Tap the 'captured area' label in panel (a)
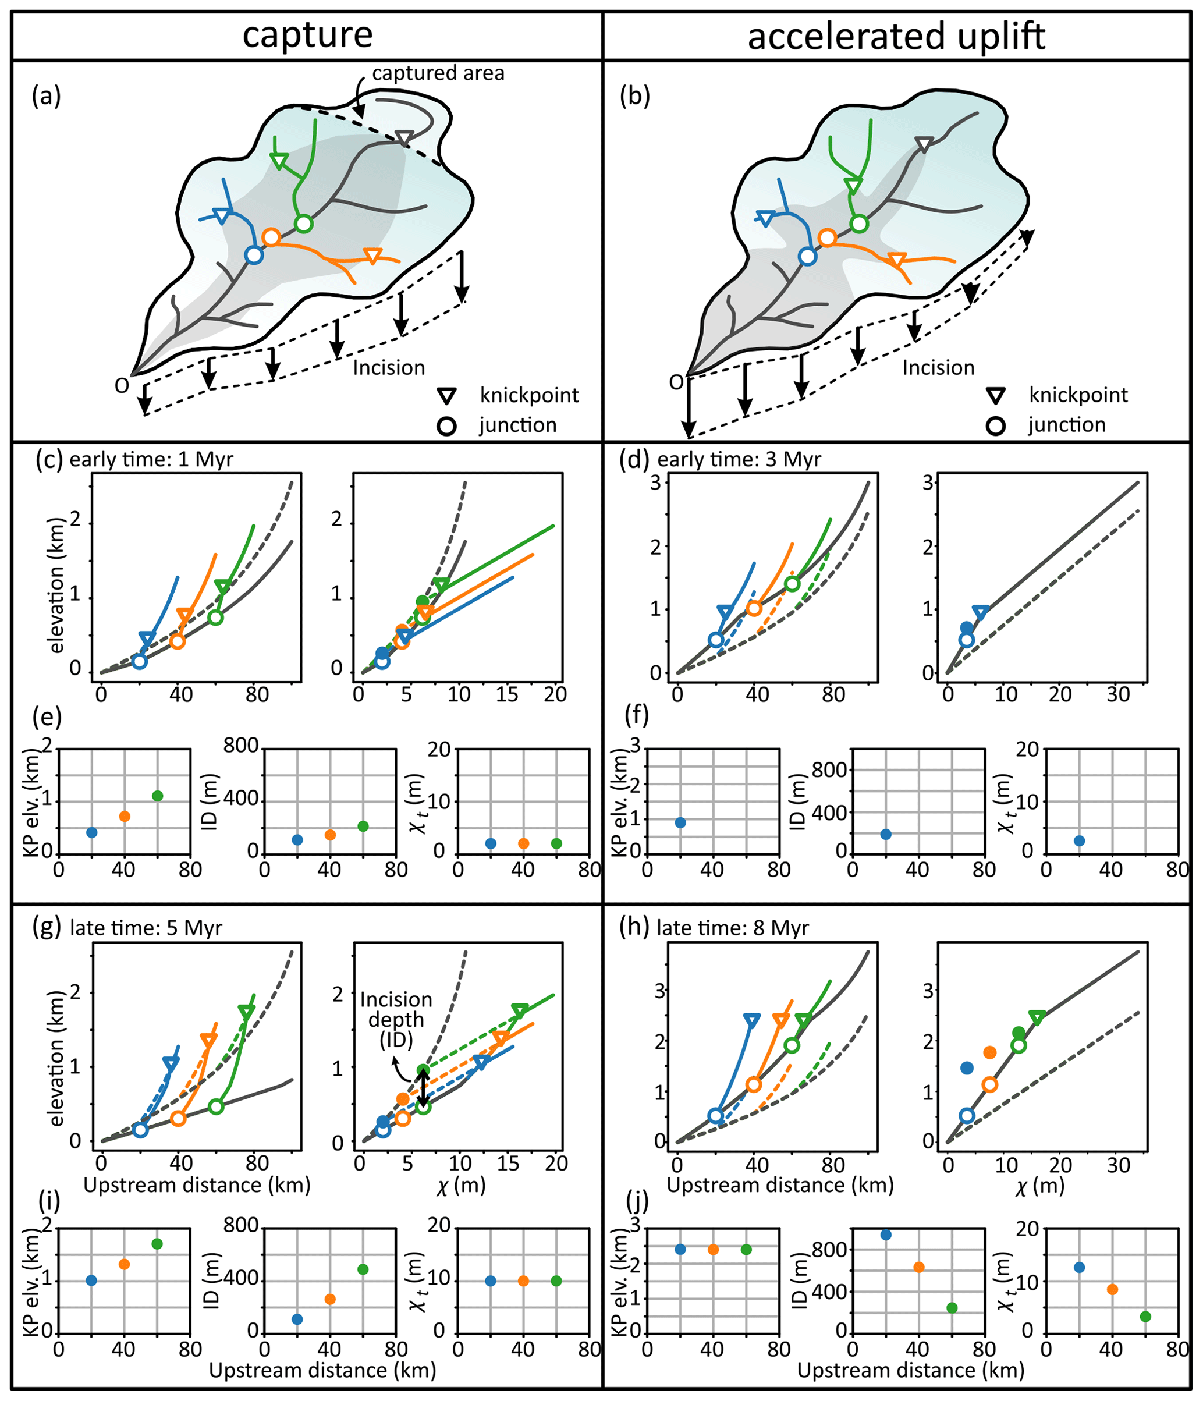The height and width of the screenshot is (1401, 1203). [438, 73]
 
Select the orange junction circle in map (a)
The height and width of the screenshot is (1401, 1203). [271, 237]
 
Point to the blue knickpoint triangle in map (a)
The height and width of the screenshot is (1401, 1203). [221, 216]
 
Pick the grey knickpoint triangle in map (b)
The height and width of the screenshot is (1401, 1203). [924, 144]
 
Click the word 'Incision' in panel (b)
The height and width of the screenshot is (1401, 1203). [939, 368]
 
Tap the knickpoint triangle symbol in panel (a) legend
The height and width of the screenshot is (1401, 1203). [447, 396]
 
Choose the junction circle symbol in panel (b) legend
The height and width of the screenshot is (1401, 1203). [995, 426]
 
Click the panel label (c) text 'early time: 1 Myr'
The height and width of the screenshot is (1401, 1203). [151, 460]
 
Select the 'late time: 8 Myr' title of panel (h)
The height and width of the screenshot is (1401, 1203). [732, 928]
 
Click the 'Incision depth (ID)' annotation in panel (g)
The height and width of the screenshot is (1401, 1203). [396, 1019]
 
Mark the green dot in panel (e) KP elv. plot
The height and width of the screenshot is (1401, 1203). [158, 796]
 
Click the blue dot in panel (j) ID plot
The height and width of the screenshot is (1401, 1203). [886, 1235]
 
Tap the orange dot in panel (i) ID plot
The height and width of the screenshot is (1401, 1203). [330, 1299]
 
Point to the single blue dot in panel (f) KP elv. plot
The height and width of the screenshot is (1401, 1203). [680, 822]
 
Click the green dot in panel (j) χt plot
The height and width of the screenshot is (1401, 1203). [1145, 1317]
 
